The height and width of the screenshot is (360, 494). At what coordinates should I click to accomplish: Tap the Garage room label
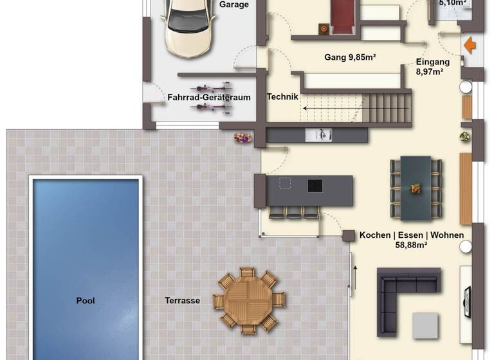[x=234, y=5]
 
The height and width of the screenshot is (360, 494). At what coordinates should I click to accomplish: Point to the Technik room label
[x=282, y=97]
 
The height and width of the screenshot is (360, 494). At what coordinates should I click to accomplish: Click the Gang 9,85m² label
[x=349, y=57]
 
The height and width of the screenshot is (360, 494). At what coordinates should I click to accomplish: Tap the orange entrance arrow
[x=470, y=46]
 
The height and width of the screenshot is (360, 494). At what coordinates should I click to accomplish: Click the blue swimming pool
[x=86, y=267]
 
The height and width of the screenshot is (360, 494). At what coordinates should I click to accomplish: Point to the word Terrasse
[x=182, y=300]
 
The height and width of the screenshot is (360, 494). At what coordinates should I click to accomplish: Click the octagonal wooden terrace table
[x=250, y=300]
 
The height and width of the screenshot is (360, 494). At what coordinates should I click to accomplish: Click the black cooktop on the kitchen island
[x=315, y=185]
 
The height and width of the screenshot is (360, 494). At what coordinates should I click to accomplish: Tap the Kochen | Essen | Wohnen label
[x=412, y=239]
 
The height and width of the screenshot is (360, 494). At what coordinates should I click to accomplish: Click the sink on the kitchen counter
[x=320, y=134]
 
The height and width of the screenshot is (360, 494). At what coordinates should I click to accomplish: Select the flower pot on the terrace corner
[x=241, y=138]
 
